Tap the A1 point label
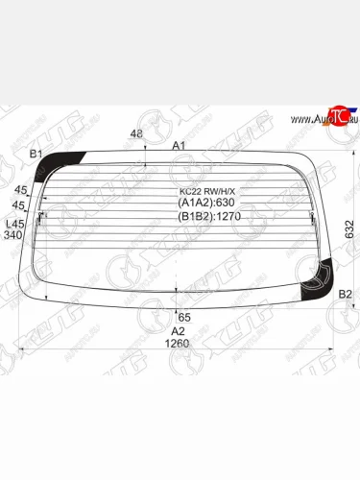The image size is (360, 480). coord(179,146)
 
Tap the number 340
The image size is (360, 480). coord(12,234)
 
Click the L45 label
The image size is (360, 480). coord(12,224)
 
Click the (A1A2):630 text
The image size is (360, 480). coord(206,203)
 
